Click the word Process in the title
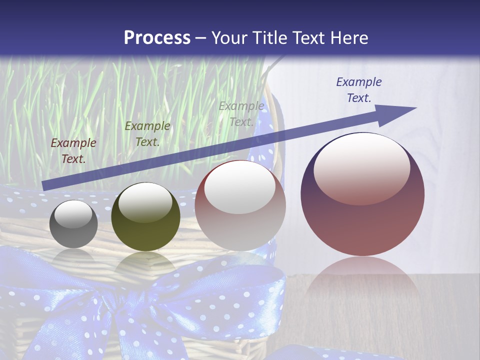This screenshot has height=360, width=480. click(x=157, y=37)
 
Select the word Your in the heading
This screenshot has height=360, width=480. click(x=230, y=37)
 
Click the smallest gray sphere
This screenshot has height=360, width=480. click(x=73, y=224)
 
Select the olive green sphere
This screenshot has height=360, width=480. click(x=145, y=216)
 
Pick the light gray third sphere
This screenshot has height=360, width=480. click(x=240, y=205)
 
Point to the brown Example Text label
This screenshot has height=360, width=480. click(x=73, y=151)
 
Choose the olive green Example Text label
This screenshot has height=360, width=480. click(x=147, y=134)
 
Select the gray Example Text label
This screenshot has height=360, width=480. click(x=241, y=113)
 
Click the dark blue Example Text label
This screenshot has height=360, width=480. click(x=358, y=90)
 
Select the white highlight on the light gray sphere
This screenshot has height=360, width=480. click(x=239, y=187)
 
